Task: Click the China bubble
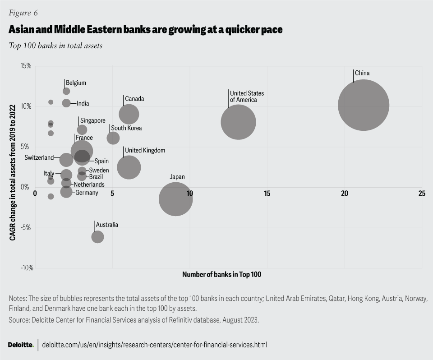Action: (x=364, y=105)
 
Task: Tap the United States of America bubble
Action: (x=239, y=122)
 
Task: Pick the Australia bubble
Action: (x=97, y=237)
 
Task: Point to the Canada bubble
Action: (x=129, y=114)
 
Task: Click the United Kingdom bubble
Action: (x=129, y=167)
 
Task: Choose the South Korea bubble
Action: (x=113, y=138)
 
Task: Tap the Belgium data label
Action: (x=76, y=83)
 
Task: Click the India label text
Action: (x=83, y=104)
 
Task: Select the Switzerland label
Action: (x=39, y=158)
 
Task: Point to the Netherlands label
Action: (x=89, y=185)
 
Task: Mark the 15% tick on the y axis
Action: (x=26, y=66)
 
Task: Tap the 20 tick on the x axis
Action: (x=345, y=194)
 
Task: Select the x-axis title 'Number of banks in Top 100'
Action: (x=221, y=274)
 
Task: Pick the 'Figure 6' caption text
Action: (x=23, y=12)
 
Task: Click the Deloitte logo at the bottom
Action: (x=21, y=345)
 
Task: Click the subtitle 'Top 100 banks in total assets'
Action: (x=55, y=46)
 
